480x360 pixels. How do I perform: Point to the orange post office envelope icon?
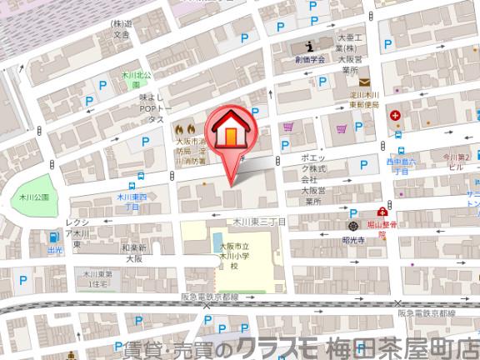[364, 82]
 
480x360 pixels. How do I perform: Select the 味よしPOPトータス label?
[156, 108]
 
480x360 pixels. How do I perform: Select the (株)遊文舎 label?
[122, 30]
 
